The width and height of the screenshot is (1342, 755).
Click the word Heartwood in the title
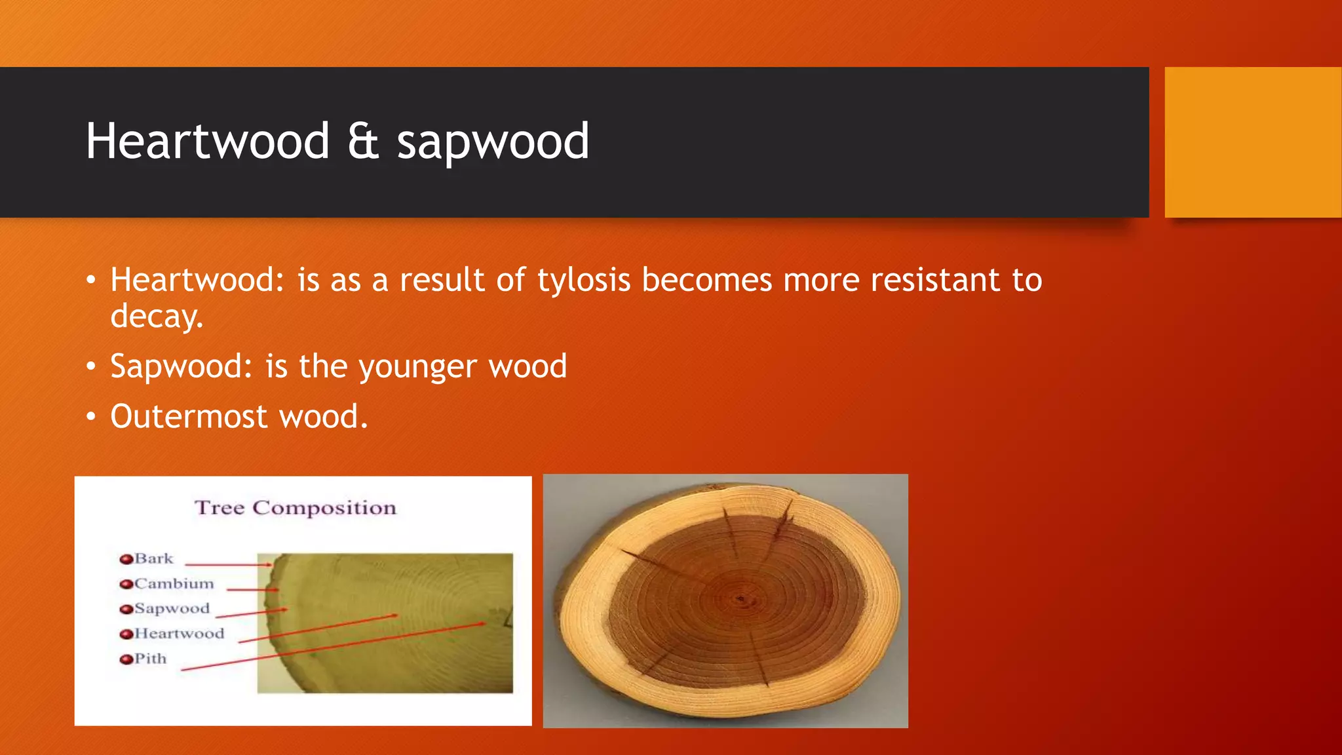pos(207,142)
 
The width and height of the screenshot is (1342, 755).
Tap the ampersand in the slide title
pos(364,142)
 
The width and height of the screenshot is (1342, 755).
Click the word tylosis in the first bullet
pos(584,281)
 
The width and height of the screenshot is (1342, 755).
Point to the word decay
pos(157,317)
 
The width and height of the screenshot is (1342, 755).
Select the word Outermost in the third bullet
pos(189,417)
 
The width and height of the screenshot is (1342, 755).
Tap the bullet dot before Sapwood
pos(91,367)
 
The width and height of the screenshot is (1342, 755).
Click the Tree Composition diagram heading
pos(296,508)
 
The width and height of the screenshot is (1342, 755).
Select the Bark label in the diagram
pos(154,559)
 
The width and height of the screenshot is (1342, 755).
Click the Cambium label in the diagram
pos(174,584)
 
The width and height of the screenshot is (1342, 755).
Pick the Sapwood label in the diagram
pos(172,609)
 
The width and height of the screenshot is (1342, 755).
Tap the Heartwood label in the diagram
pos(179,634)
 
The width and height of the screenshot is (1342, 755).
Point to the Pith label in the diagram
pos(151,659)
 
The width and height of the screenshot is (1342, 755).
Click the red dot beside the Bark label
pos(126,559)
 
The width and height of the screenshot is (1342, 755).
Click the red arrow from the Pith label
pos(328,647)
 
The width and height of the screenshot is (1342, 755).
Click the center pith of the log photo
pos(740,598)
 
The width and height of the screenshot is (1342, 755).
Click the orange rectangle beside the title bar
pos(1253,142)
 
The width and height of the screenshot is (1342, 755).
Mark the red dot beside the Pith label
pos(126,659)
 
